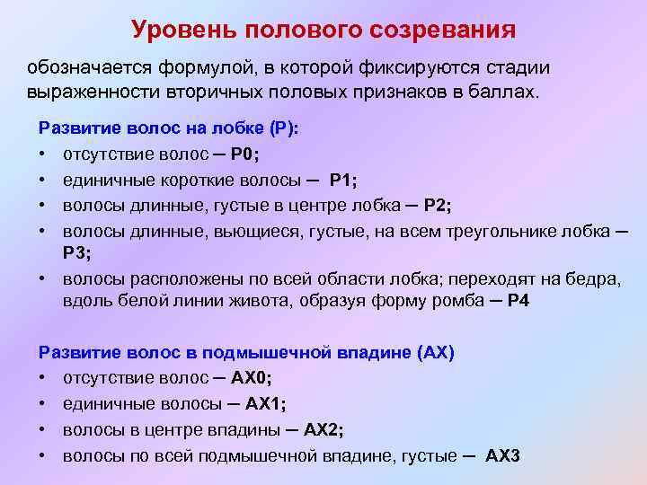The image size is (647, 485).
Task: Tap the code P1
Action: tap(342, 179)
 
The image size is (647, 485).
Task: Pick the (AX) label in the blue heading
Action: tap(437, 353)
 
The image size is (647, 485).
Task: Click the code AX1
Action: tap(279, 404)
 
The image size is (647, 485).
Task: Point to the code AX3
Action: tap(502, 455)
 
